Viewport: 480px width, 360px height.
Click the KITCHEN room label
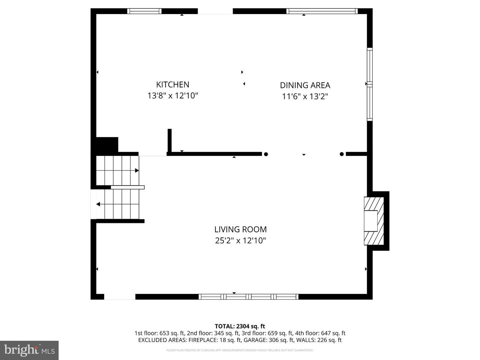pyautogui.click(x=173, y=85)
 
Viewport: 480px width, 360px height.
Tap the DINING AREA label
pyautogui.click(x=305, y=85)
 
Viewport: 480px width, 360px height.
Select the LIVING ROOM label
pyautogui.click(x=240, y=229)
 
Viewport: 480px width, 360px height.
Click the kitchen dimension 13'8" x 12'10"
pyautogui.click(x=173, y=96)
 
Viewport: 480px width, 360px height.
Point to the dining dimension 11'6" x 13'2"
pyautogui.click(x=305, y=97)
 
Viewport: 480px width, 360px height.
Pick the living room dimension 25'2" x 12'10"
pyautogui.click(x=240, y=241)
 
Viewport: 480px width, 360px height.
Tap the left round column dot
pyautogui.click(x=266, y=154)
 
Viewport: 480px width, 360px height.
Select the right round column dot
pyautogui.click(x=342, y=154)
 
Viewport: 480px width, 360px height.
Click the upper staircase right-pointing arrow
pyautogui.click(x=137, y=171)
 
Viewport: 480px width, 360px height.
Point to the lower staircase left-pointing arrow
pyautogui.click(x=98, y=204)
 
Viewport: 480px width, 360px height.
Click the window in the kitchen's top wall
pyautogui.click(x=144, y=11)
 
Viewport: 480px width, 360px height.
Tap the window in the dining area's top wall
pyautogui.click(x=322, y=11)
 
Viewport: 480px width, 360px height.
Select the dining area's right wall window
pyautogui.click(x=370, y=84)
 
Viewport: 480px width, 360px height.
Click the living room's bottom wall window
pyautogui.click(x=248, y=297)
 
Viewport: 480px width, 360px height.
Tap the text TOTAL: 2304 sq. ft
pyautogui.click(x=240, y=326)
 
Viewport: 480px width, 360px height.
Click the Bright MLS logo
pyautogui.click(x=29, y=350)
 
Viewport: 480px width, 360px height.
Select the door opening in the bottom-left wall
pyautogui.click(x=120, y=297)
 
